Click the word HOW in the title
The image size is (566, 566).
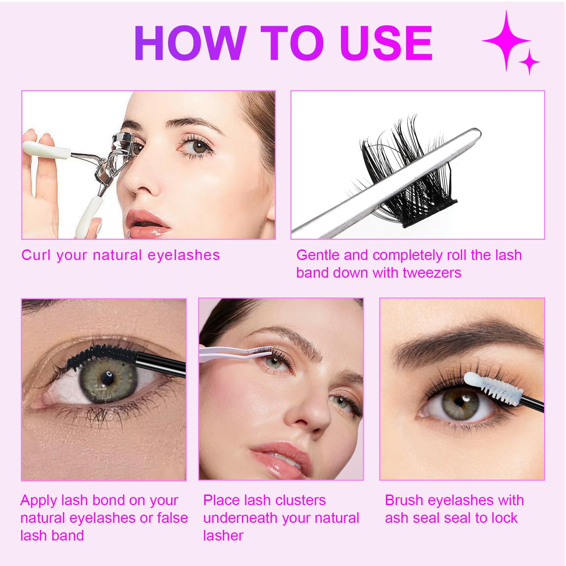[190, 43]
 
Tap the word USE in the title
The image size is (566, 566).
[386, 43]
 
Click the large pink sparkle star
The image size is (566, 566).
[507, 41]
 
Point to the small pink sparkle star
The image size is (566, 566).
[529, 62]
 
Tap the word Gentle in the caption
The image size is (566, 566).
[318, 255]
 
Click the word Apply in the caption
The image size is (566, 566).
[39, 501]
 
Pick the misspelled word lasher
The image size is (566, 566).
[223, 536]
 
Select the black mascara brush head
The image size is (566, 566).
[101, 355]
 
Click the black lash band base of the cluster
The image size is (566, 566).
[430, 213]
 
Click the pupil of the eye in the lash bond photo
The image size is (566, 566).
[106, 377]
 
